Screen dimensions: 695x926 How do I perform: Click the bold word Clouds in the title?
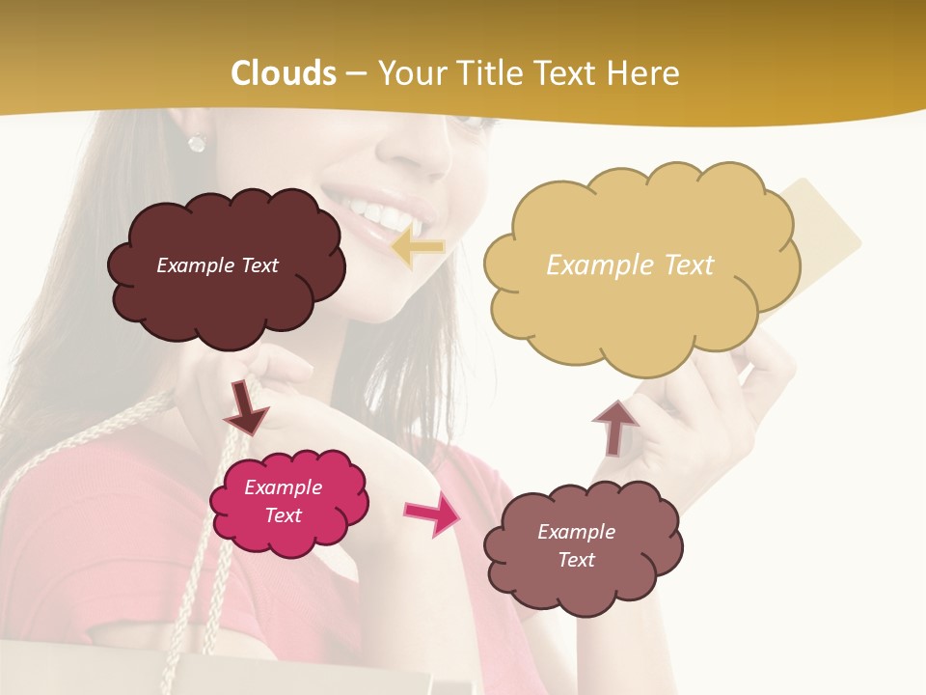point(283,73)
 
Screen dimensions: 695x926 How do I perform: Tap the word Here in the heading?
point(645,73)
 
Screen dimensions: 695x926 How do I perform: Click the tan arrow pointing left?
point(419,247)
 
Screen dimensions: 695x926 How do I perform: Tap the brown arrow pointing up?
point(614,427)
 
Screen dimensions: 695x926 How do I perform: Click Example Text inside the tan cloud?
point(630,264)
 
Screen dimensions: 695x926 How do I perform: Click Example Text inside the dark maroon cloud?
point(217,264)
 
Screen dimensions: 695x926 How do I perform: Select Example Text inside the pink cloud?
point(283,501)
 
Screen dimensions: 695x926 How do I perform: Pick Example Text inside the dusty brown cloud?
point(576,545)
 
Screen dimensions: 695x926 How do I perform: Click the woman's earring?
point(197,143)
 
